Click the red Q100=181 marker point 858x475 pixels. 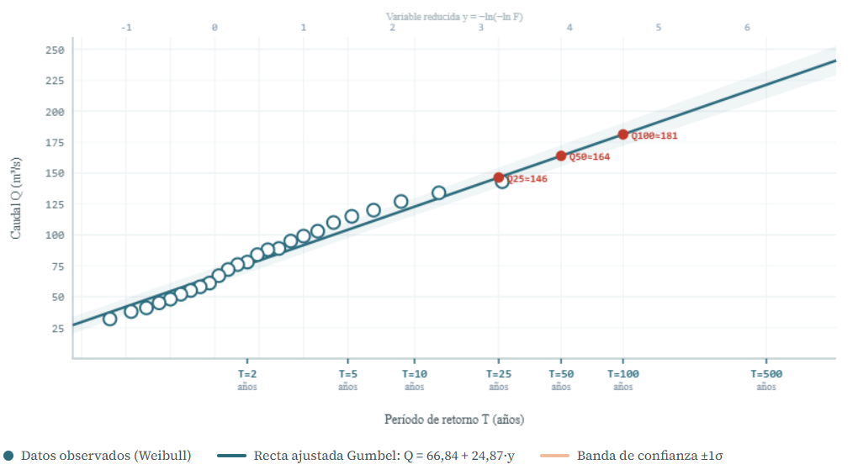click(623, 135)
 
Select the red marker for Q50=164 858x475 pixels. click(561, 156)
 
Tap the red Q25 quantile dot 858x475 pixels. click(499, 177)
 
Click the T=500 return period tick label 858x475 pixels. click(765, 374)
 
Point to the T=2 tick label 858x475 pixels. click(247, 374)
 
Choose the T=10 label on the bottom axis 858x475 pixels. click(415, 374)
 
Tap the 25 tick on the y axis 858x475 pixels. click(56, 328)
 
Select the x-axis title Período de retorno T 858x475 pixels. click(454, 419)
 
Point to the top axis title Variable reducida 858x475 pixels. click(454, 17)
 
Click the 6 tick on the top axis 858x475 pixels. click(747, 28)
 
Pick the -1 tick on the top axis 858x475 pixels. click(126, 28)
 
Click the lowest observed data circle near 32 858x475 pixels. click(109, 319)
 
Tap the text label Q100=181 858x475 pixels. click(654, 135)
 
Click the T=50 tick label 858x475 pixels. click(561, 374)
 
